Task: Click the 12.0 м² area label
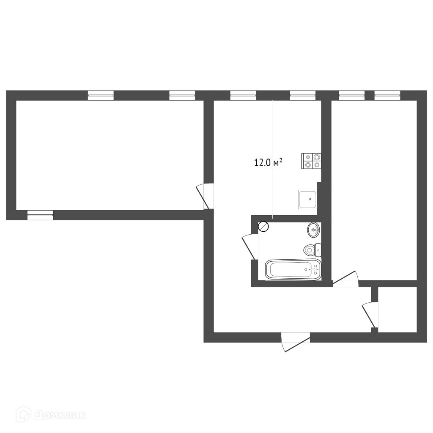click(268, 162)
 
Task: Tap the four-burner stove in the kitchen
click(312, 161)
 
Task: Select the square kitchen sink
click(307, 200)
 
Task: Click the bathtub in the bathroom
click(293, 269)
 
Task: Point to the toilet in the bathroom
click(312, 250)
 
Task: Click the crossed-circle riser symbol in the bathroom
click(263, 227)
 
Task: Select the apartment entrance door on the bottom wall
click(296, 343)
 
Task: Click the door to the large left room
click(205, 196)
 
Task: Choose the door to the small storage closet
click(370, 315)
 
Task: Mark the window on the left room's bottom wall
click(40, 215)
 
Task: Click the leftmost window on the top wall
click(101, 95)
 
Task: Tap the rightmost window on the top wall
click(387, 95)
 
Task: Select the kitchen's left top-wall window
click(243, 95)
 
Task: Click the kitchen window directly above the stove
click(303, 95)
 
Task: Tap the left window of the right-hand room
click(351, 95)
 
